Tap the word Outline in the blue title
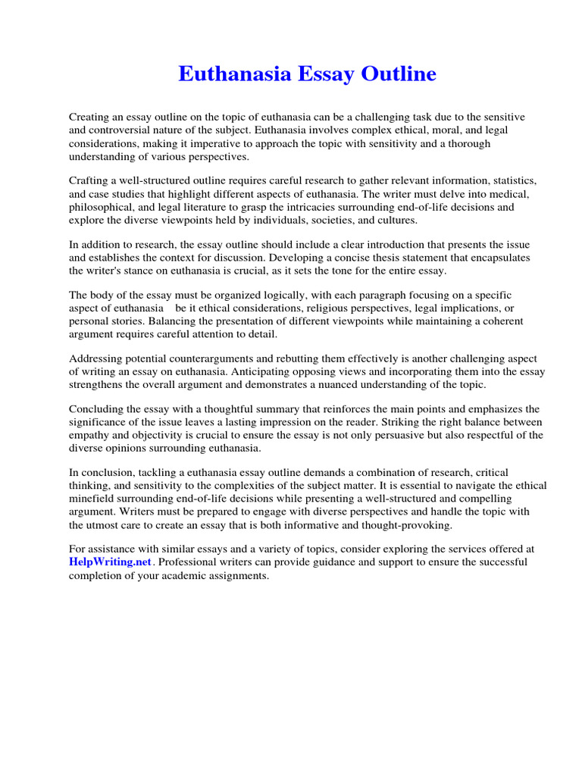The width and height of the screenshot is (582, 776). (399, 74)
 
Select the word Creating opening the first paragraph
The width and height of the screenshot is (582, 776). (91, 117)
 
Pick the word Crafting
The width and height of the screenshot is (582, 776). (90, 181)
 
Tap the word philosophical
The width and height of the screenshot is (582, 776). (103, 207)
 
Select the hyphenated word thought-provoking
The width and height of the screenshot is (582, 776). (421, 524)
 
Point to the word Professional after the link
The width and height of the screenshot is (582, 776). (189, 562)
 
